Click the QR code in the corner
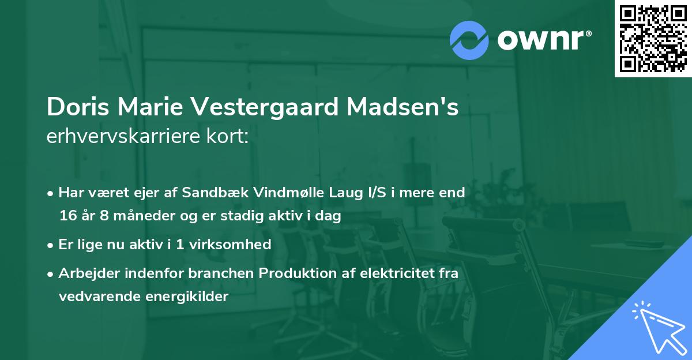[653, 39]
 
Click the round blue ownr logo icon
[469, 40]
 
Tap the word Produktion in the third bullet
[296, 273]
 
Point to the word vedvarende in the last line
[95, 297]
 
